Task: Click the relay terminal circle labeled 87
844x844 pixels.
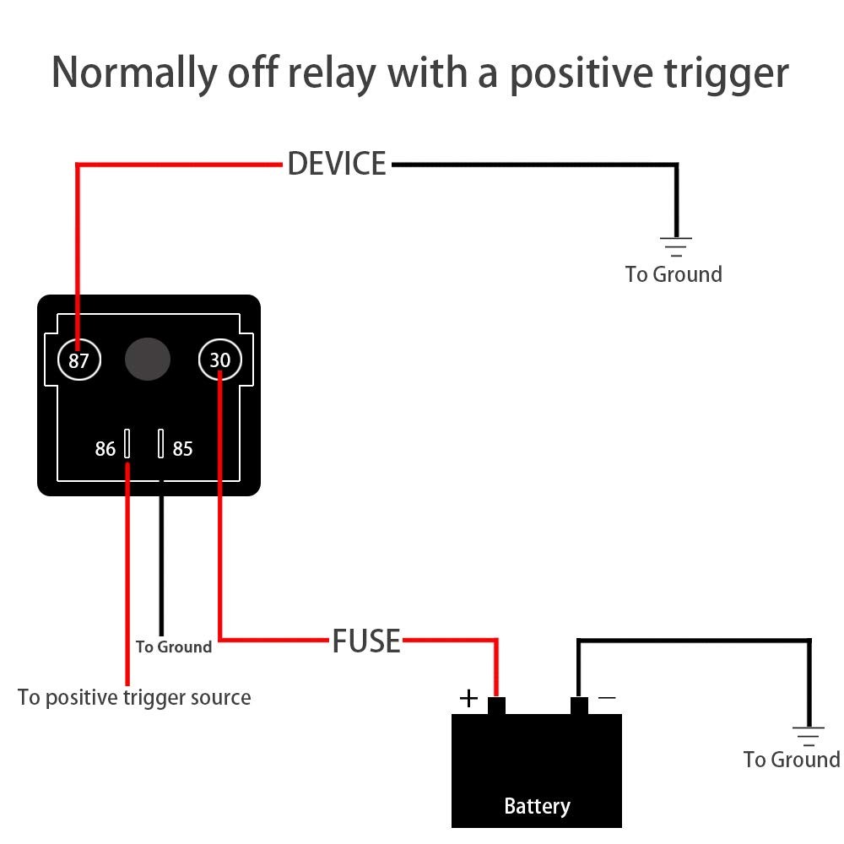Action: (78, 361)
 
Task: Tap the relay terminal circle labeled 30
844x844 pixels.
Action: (220, 361)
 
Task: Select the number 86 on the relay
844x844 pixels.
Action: (105, 449)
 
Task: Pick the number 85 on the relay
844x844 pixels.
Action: (183, 449)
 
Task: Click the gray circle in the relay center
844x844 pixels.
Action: (148, 360)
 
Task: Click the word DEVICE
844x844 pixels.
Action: (337, 164)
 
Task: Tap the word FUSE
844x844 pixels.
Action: (366, 641)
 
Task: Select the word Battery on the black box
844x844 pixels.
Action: (537, 806)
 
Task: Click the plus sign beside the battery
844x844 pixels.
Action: (468, 698)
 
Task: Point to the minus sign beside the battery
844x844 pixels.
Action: (606, 698)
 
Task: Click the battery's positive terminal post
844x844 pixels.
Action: (496, 706)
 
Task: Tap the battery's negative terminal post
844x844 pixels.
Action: (579, 706)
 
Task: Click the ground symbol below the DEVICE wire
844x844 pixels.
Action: (675, 246)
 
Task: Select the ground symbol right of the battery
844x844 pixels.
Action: (809, 735)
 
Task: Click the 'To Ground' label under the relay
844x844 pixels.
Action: (174, 647)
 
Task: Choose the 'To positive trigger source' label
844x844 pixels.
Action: (134, 697)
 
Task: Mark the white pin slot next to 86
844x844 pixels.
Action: (127, 443)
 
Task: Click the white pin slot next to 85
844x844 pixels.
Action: (161, 443)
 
